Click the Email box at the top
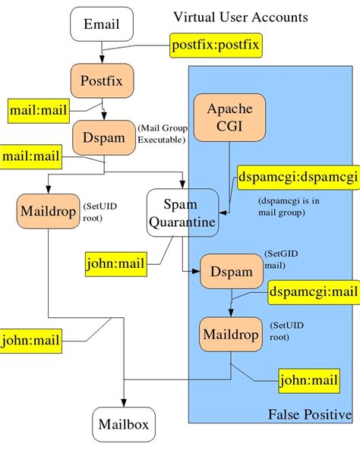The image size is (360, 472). pos(101,25)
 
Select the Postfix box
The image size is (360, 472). pos(101,78)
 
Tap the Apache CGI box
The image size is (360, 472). pos(229,118)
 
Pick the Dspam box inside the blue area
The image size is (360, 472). pos(231,270)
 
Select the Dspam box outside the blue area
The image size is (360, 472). pos(103,139)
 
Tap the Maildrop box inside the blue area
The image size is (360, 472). pos(231,334)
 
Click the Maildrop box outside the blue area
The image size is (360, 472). pos(47,211)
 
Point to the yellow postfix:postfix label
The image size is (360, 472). pos(215,46)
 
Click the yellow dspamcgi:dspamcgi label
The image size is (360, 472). pos(297,178)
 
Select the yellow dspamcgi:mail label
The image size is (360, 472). pos(313,291)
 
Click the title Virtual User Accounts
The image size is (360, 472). pos(240,16)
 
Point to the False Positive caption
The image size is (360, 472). pos(309,414)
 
